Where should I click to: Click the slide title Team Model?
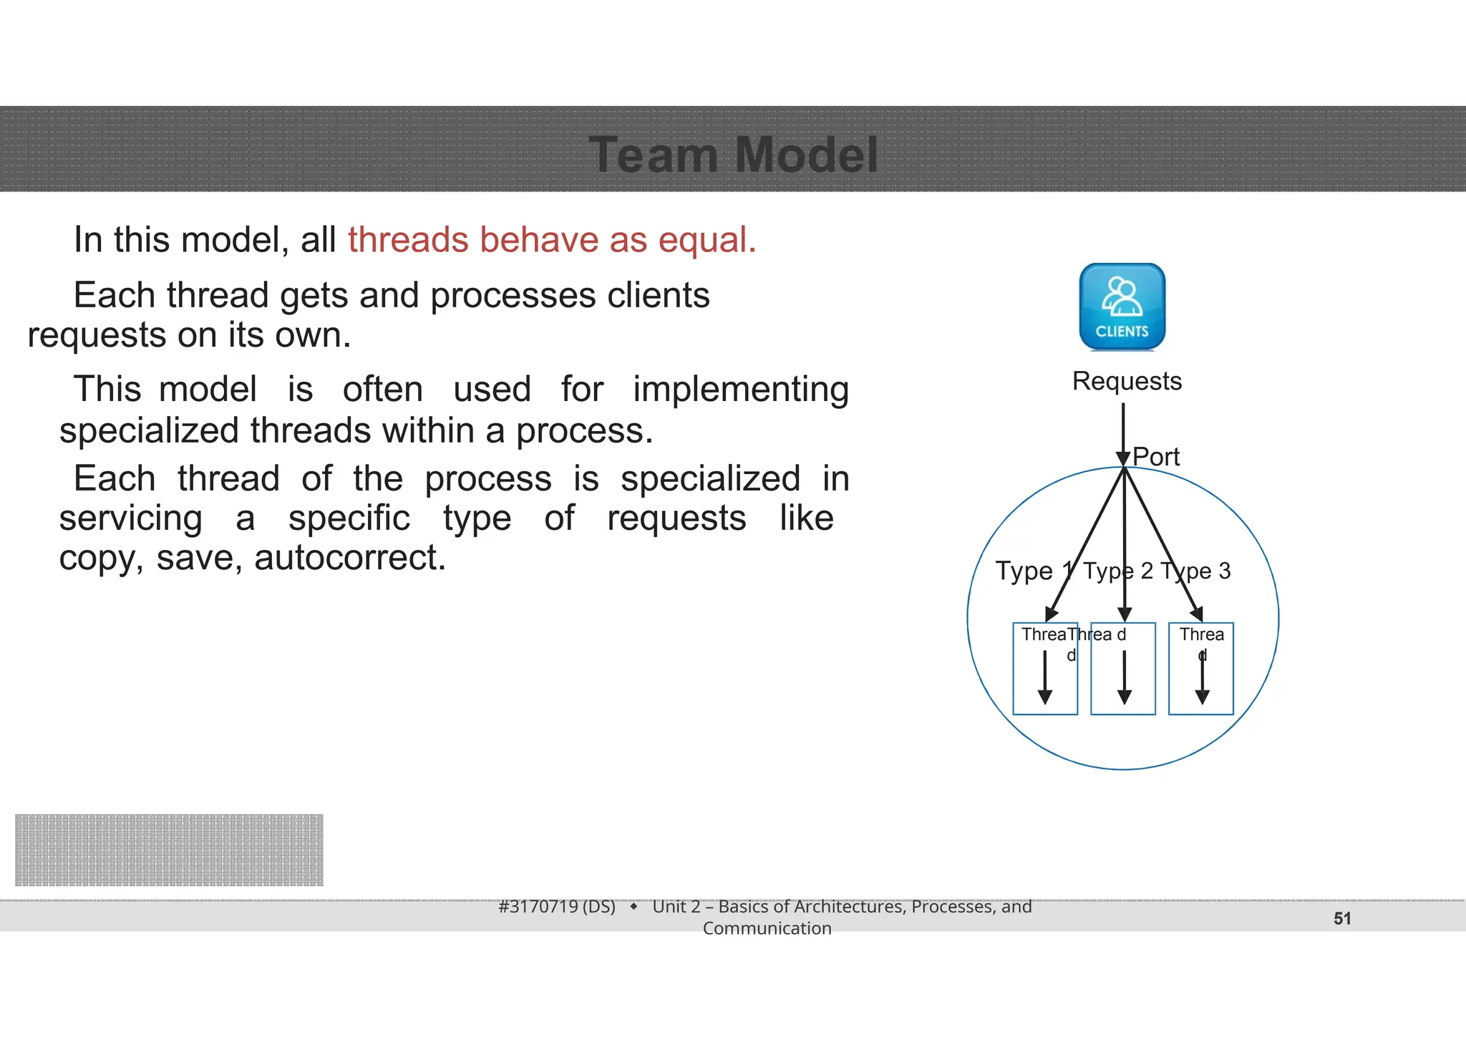point(733,155)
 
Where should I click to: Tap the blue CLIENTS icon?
point(1122,307)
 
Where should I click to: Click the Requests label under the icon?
point(1127,381)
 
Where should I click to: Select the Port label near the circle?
point(1156,457)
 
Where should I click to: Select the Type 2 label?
point(1117,571)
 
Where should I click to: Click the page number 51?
point(1342,919)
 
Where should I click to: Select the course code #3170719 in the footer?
point(556,907)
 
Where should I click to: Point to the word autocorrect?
point(349,558)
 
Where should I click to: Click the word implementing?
point(740,390)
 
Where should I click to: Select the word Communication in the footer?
point(767,929)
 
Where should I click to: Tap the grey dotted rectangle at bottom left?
point(169,849)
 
